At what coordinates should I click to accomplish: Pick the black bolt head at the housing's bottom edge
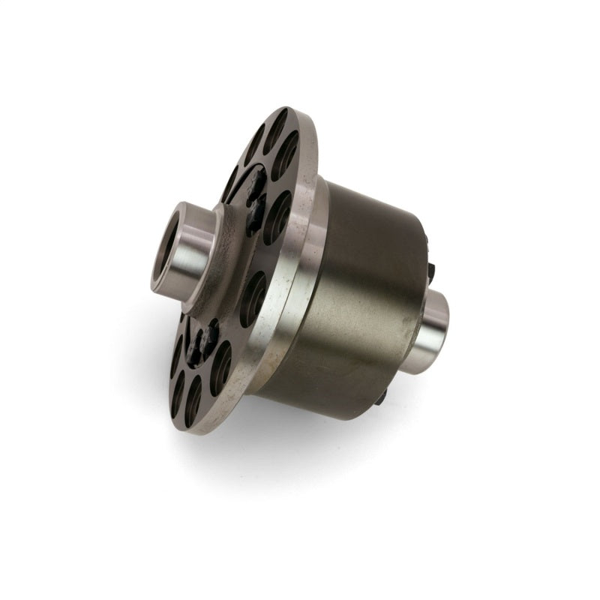click(x=381, y=396)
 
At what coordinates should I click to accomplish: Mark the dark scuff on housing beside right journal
click(x=409, y=330)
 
